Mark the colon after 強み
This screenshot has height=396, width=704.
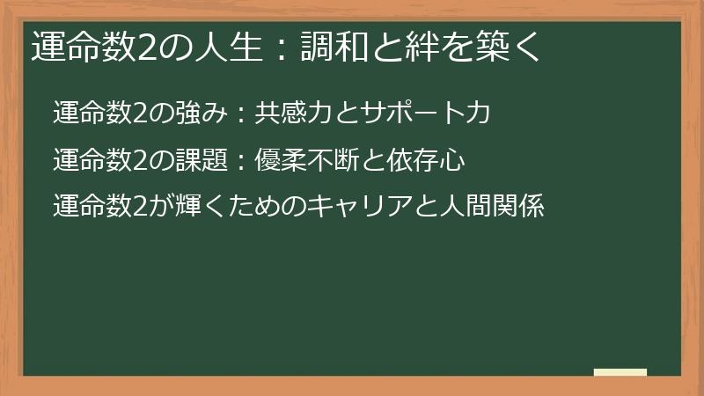click(x=236, y=114)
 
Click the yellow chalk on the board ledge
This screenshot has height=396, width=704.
click(x=620, y=373)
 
